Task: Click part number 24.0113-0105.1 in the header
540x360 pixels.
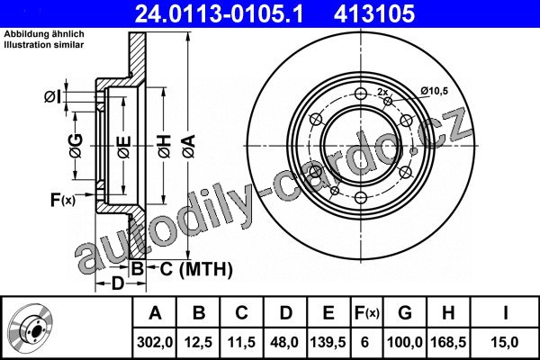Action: pos(220,13)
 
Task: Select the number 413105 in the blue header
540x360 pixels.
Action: pos(374,13)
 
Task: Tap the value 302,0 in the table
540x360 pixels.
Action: pos(155,342)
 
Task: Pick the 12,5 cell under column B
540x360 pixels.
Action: pos(199,342)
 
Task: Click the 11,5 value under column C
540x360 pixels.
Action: pos(242,342)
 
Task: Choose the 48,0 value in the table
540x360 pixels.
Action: pos(285,342)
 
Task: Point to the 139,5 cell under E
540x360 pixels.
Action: pos(328,342)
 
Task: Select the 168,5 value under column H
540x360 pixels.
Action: pos(448,342)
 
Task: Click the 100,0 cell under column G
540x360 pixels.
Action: pos(405,342)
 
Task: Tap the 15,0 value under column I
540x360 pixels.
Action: pos(505,342)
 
